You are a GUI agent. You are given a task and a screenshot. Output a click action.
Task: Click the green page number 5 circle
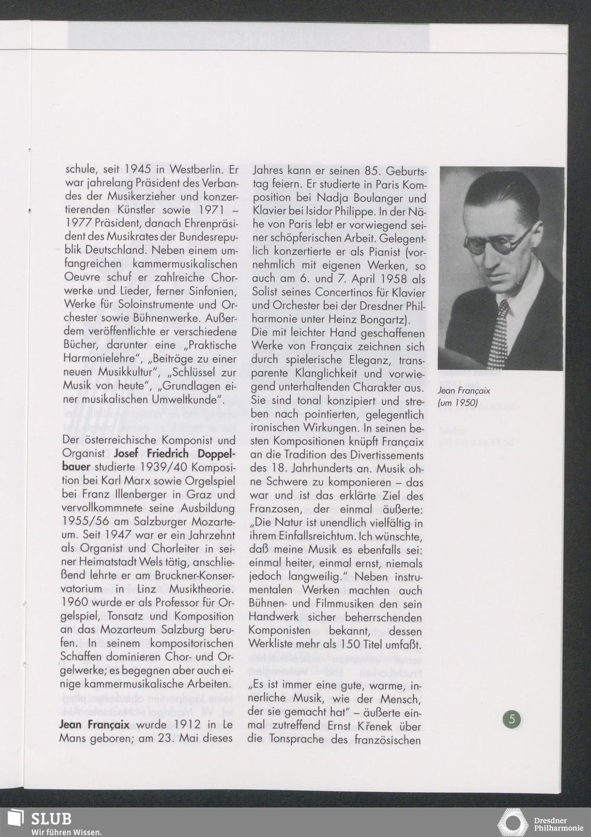[x=512, y=719]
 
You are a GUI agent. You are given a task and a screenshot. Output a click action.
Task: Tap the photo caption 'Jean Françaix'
[x=464, y=391]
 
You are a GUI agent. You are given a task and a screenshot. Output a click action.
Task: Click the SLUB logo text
[x=51, y=819]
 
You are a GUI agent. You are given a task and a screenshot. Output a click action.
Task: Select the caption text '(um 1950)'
[x=458, y=403]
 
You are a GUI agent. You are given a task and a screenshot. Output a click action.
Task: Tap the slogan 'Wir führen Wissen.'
[x=66, y=832]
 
